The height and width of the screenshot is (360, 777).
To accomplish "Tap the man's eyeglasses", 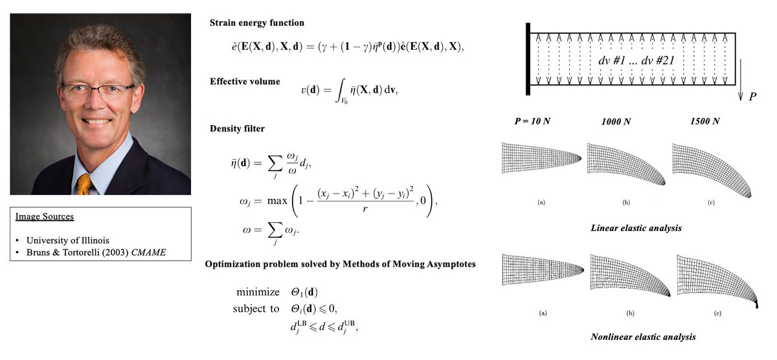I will [x=98, y=91].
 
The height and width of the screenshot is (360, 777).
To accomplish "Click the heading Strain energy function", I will [x=256, y=23].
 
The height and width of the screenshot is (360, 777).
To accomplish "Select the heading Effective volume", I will [x=245, y=82].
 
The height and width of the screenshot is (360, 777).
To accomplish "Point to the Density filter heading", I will [x=237, y=129].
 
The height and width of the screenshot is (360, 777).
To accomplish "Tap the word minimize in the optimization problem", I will [x=258, y=292].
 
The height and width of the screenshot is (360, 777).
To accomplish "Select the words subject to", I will [x=256, y=309].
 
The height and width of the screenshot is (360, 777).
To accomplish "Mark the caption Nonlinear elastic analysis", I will [x=633, y=337].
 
